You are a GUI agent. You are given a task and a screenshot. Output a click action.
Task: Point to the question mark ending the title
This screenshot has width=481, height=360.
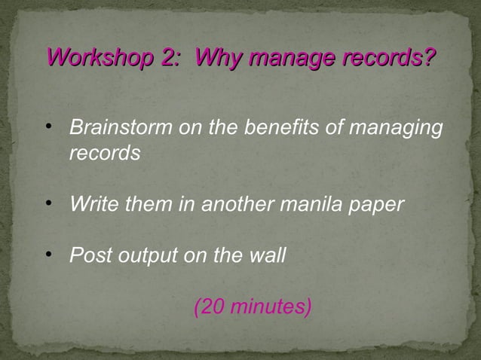click(430, 57)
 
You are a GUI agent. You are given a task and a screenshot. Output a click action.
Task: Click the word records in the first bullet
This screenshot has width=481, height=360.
click(105, 153)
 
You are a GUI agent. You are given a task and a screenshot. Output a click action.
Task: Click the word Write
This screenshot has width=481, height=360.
click(90, 204)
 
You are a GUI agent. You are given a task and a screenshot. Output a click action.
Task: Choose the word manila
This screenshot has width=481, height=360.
click(308, 204)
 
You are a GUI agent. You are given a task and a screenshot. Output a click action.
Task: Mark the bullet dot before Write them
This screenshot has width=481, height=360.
click(50, 203)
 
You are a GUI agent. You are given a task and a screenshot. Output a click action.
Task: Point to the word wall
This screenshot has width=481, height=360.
click(266, 255)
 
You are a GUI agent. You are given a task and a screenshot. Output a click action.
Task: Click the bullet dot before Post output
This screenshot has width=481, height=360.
click(50, 255)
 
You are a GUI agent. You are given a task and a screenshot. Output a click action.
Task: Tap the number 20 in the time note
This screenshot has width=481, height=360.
click(212, 307)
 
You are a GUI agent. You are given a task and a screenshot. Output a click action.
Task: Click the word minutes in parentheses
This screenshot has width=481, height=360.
click(270, 307)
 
